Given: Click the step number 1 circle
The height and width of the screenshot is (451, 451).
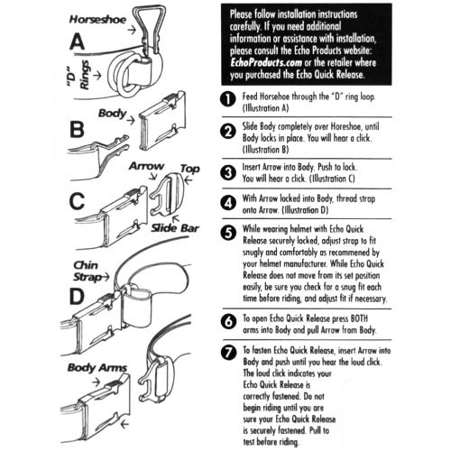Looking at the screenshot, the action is (x=228, y=99).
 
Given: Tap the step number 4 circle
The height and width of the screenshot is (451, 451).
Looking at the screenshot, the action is (x=228, y=203).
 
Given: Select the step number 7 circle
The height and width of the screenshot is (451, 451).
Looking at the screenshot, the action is (x=228, y=352).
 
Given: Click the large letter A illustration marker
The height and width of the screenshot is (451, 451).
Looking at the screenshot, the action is (x=77, y=42).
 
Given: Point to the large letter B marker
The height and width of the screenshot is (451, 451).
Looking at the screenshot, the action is (x=77, y=129).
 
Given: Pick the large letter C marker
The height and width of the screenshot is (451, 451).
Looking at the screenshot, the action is (x=77, y=201).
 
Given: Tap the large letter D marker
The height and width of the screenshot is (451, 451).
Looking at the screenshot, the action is (x=77, y=296).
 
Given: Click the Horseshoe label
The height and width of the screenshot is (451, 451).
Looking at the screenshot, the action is (x=97, y=20).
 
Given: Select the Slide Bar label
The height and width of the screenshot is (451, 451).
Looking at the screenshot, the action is (x=175, y=228).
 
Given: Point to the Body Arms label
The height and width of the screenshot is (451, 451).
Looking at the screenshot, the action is (x=97, y=367).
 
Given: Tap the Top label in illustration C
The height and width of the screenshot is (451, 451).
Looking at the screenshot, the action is (x=190, y=169).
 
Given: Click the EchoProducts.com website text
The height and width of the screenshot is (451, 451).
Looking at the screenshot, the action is (x=266, y=62).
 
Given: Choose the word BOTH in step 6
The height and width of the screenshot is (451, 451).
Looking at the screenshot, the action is (x=359, y=318).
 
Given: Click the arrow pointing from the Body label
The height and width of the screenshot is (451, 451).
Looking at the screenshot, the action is (x=131, y=121).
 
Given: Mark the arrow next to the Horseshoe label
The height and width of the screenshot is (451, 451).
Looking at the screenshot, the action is (x=132, y=30).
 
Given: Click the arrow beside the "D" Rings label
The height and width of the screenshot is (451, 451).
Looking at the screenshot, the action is (x=97, y=75).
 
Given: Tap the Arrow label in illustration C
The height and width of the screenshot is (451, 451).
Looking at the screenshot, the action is (x=146, y=166).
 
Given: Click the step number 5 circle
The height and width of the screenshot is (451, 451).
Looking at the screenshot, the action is (x=228, y=233).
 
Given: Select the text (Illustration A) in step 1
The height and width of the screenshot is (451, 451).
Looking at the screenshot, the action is (x=265, y=108).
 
